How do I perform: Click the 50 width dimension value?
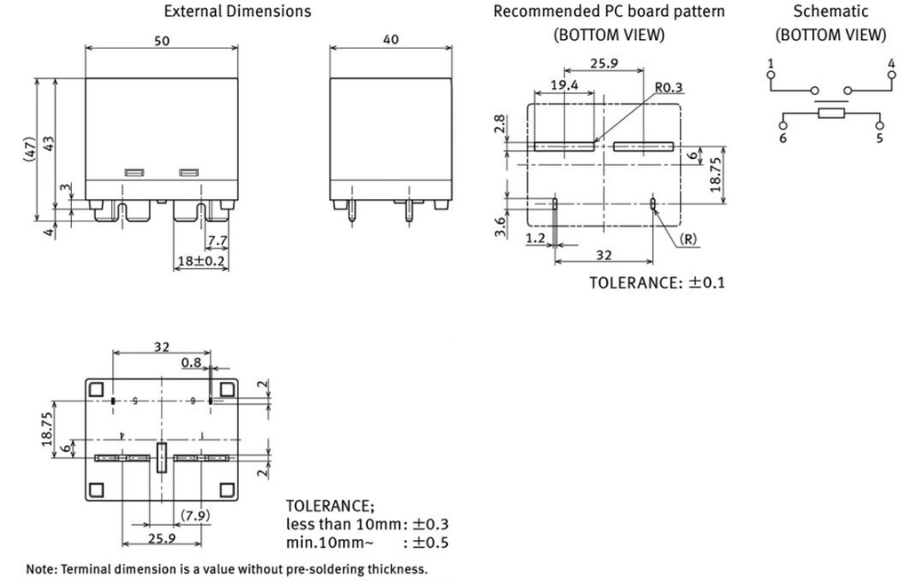click(x=160, y=41)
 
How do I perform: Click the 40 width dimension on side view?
click(x=391, y=40)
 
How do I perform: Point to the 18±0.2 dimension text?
click(x=201, y=261)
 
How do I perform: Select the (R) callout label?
click(x=687, y=240)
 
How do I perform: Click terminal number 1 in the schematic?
click(x=770, y=63)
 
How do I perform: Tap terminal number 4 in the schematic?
click(x=890, y=63)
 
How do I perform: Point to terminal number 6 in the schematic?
click(x=783, y=139)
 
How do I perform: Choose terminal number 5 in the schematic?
click(x=880, y=139)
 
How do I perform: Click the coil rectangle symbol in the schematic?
click(x=831, y=114)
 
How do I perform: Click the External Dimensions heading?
click(x=238, y=12)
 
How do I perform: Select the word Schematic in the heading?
click(x=830, y=12)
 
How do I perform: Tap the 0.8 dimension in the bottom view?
click(x=190, y=362)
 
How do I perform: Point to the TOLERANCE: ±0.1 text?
click(x=658, y=282)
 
